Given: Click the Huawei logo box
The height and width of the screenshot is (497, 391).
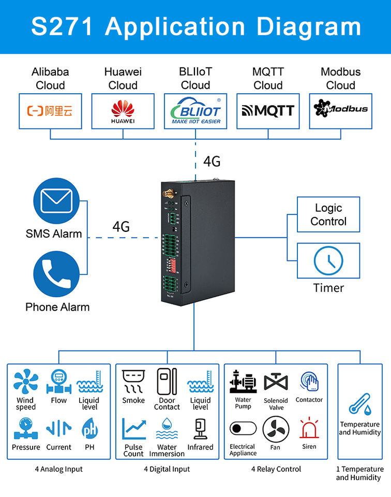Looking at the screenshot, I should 123,111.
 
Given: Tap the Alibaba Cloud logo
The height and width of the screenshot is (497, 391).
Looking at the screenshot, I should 50,111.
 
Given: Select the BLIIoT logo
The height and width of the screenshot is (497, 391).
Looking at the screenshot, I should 195,111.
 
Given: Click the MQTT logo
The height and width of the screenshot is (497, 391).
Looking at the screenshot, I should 268,111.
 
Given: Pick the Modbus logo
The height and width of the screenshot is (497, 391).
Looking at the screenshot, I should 340,109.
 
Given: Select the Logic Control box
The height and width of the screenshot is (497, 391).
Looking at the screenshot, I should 328,214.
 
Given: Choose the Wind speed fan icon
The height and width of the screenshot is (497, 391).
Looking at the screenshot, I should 25,382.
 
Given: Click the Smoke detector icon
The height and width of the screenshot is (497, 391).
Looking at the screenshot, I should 133,382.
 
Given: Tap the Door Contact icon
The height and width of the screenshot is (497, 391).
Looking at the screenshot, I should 167,382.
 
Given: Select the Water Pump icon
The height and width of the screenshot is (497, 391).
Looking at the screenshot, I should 243,382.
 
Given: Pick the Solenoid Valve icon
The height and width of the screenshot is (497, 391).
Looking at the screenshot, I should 276,382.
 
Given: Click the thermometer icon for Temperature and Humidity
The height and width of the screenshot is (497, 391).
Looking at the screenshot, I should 359,404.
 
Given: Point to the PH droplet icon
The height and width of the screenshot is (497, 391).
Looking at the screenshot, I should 89,429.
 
